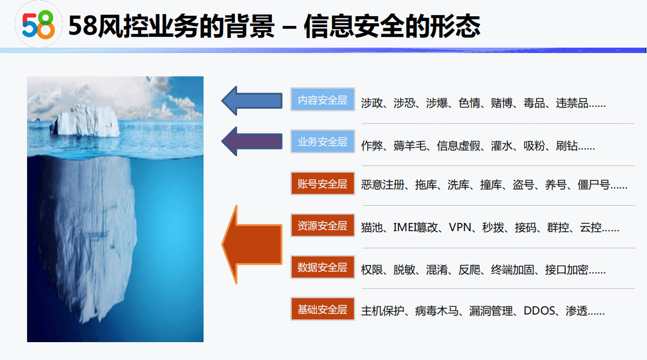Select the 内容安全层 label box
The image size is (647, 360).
(323, 100)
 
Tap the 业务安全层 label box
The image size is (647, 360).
(323, 142)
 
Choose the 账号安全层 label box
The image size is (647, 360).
(323, 184)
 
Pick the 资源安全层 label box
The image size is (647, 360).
(323, 226)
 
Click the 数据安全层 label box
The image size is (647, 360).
(323, 267)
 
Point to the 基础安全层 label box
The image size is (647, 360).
(323, 310)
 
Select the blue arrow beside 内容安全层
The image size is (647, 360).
(252, 100)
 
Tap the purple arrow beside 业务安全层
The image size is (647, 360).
(252, 141)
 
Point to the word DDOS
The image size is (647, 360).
(540, 311)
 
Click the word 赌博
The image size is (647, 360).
(501, 103)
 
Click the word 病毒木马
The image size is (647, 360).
(436, 311)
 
